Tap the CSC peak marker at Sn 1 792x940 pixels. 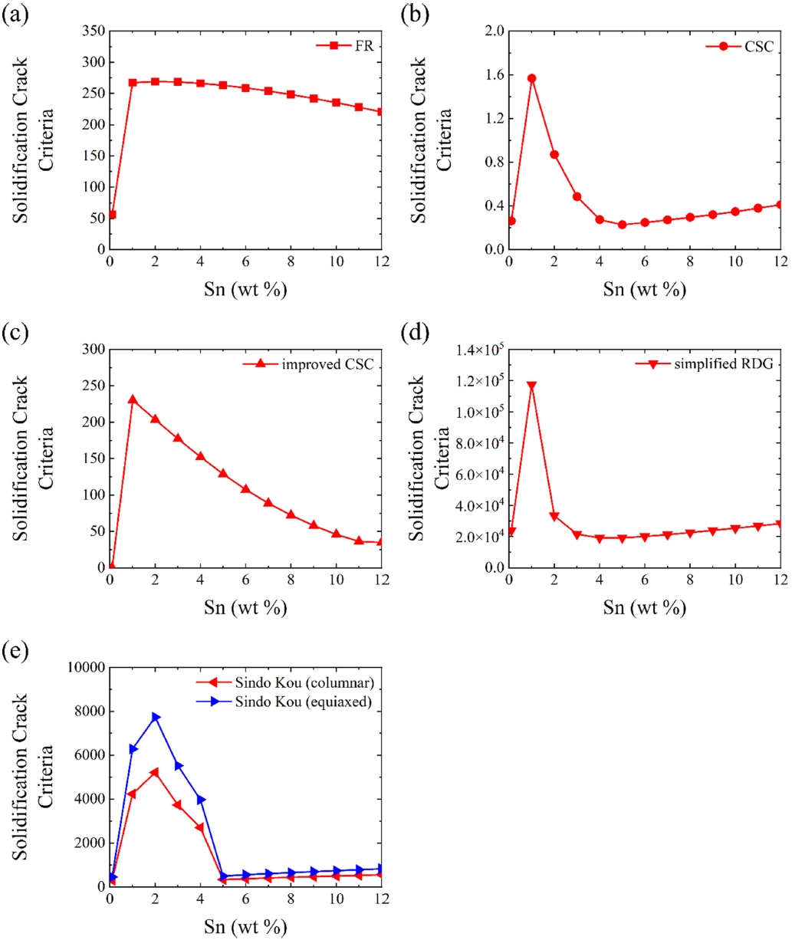pos(531,78)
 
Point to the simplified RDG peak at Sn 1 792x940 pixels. pos(531,386)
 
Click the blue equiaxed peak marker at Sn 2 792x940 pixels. pos(156,717)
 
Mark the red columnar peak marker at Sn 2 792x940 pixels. pos(156,772)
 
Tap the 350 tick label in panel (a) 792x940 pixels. pos(92,31)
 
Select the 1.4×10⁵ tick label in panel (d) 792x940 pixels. pos(481,350)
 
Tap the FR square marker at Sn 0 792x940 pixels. pos(112,215)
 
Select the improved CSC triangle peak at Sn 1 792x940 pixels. pos(133,399)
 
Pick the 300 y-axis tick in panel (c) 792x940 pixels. pos(92,350)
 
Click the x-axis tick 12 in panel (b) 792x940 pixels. pos(778,262)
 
